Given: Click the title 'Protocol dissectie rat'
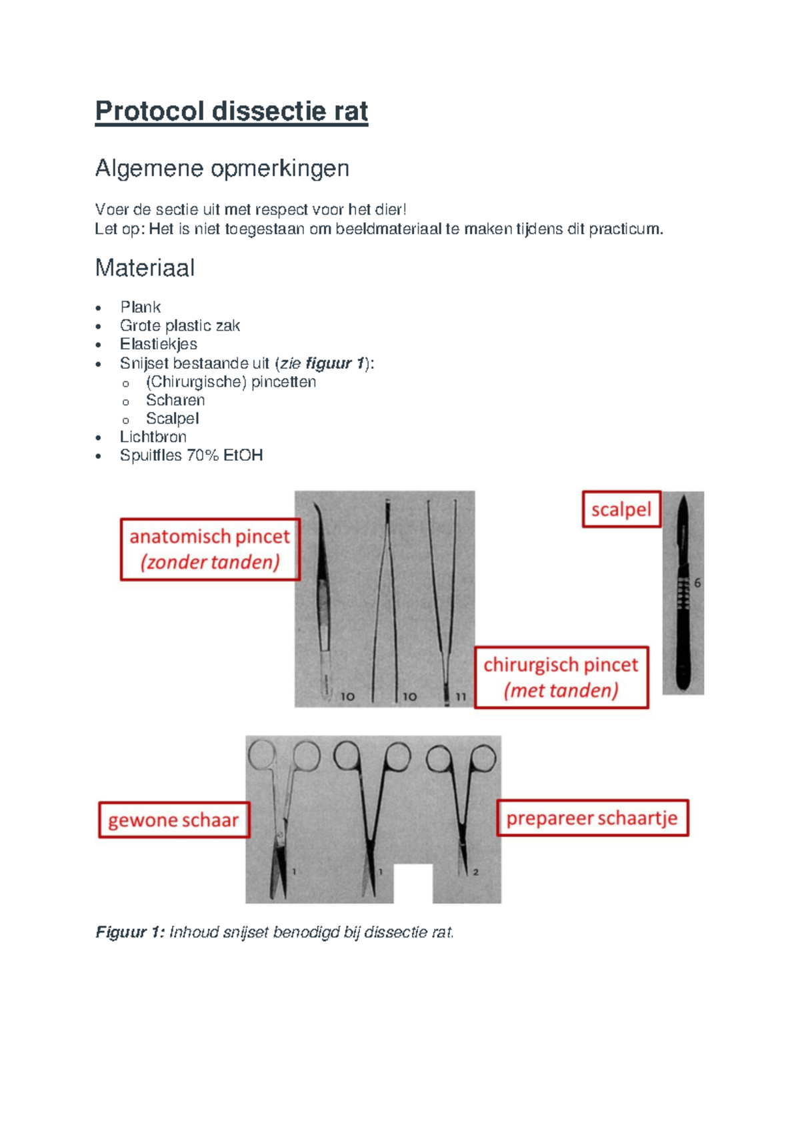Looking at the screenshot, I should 231,111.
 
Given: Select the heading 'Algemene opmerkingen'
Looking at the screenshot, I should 222,168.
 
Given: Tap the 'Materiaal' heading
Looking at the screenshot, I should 145,268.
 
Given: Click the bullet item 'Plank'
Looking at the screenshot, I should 140,307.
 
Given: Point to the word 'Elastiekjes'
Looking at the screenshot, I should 158,344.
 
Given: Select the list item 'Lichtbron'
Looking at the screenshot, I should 153,437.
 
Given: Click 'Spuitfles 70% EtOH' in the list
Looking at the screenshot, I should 191,455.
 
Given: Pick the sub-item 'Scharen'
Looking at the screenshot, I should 175,400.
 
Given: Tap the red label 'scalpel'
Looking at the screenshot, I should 621,509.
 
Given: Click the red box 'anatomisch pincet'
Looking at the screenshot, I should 209,549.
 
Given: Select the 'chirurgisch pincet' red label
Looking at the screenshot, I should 561,677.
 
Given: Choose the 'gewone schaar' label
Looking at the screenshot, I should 173,820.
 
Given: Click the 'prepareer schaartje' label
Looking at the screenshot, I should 591,818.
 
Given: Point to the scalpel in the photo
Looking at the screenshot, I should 683,594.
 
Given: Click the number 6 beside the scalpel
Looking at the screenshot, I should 697,583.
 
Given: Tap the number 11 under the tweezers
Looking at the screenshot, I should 461,696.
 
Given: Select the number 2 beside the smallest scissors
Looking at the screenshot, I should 475,872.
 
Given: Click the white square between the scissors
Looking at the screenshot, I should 413,883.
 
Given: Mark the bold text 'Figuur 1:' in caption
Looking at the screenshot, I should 129,932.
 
